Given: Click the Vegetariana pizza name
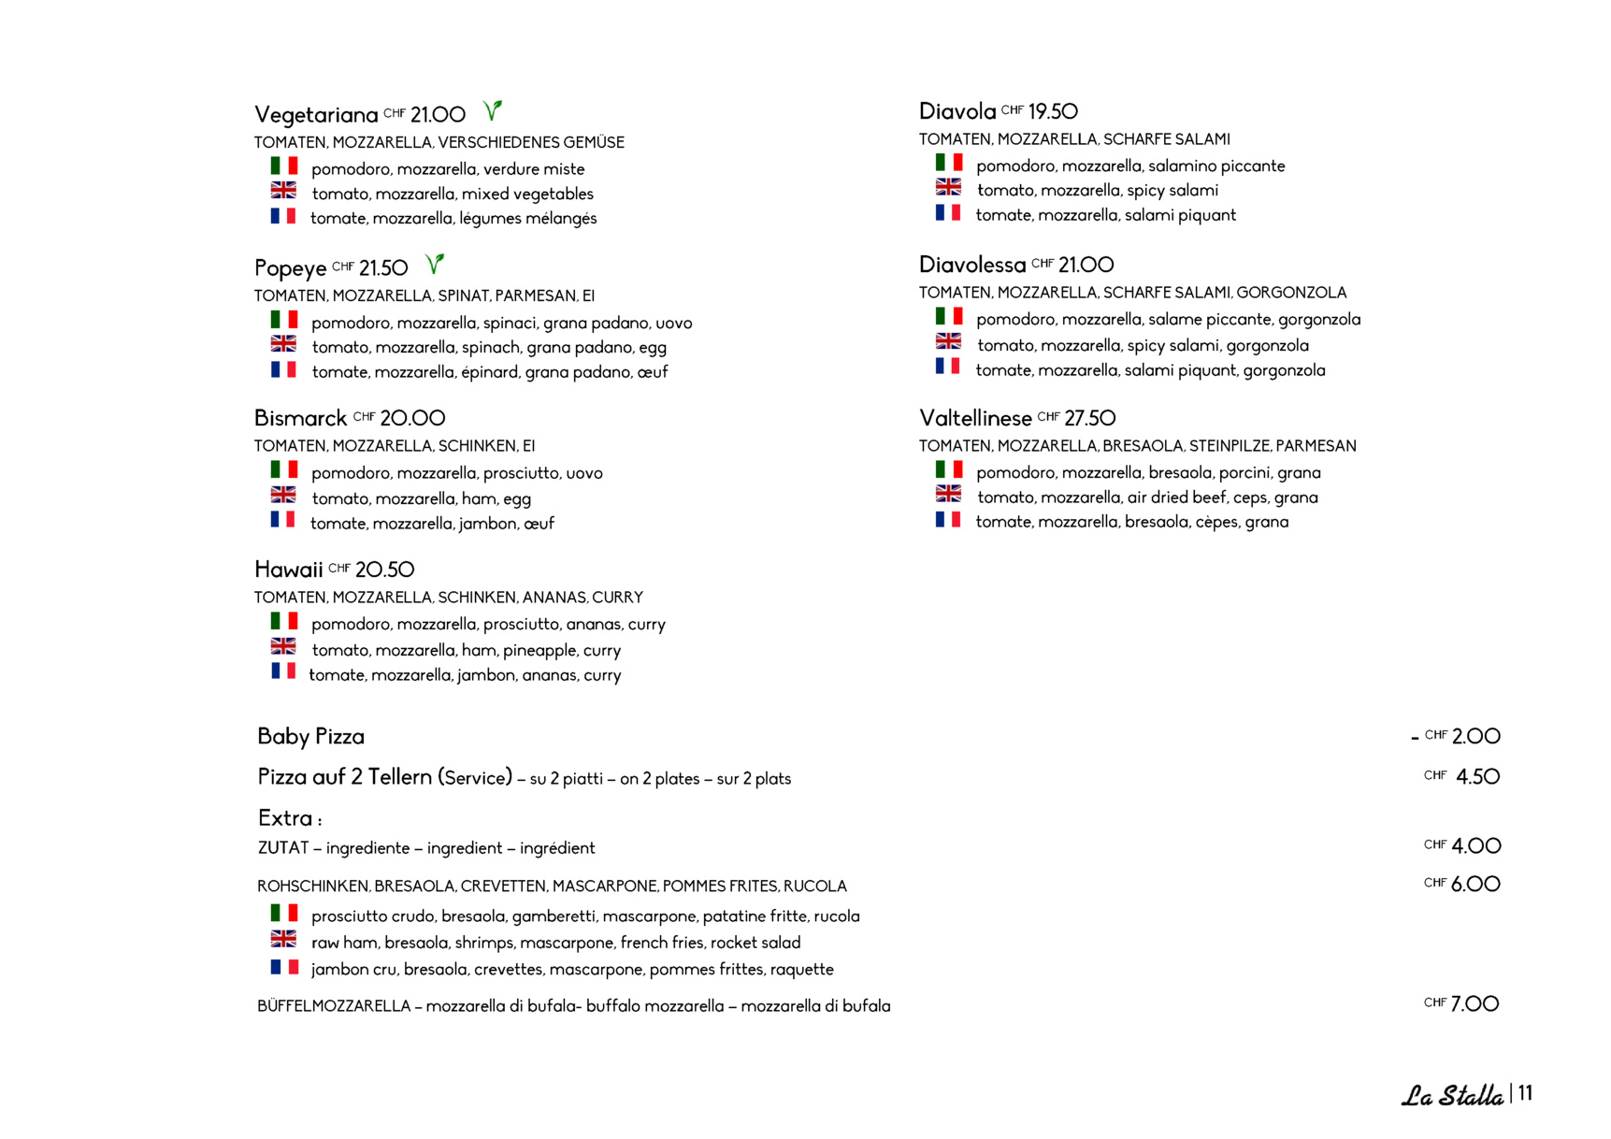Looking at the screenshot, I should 316,115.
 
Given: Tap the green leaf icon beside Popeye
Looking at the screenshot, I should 434,265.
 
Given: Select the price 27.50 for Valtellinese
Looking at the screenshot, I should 1089,418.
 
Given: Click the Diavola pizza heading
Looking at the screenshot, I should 957,112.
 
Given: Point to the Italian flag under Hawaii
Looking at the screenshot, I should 284,621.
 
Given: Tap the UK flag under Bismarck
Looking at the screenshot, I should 283,495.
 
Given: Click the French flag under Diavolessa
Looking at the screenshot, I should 948,366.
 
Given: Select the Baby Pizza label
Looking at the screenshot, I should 310,737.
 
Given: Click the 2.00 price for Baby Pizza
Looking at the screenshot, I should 1475,737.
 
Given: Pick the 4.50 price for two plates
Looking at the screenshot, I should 1477,777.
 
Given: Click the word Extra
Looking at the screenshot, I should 285,818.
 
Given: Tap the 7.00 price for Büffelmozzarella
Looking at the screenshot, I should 1474,1004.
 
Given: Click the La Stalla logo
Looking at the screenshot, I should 1451,1095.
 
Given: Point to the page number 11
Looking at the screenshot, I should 1525,1093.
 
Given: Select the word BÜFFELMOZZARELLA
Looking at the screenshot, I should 334,1006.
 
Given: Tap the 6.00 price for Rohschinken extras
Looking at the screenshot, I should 1475,885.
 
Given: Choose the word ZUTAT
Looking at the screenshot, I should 282,848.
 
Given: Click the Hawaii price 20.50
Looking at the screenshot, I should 384,569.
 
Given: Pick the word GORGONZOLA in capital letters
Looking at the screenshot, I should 1291,293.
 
